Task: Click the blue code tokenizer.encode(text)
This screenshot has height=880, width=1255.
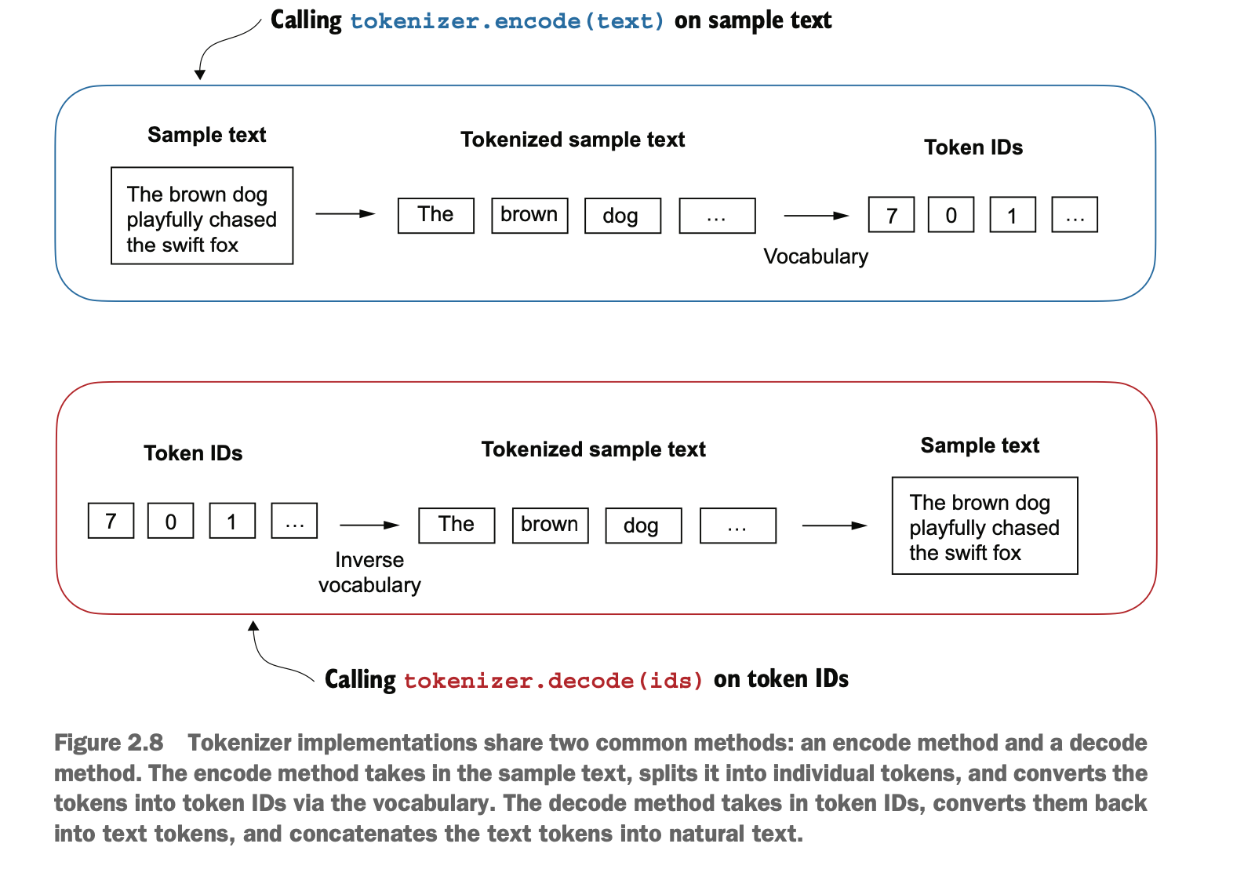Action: (507, 21)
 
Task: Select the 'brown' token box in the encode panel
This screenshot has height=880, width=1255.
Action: (529, 215)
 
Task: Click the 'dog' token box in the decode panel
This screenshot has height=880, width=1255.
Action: (643, 525)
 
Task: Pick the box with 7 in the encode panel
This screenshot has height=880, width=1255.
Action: (891, 215)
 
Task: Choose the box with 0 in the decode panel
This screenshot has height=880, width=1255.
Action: (170, 521)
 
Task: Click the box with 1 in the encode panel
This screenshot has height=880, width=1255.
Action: (1013, 215)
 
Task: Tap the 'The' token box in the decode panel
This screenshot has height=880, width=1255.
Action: (457, 525)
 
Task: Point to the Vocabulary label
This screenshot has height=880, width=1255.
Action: (816, 256)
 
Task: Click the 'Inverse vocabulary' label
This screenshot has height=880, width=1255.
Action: (369, 573)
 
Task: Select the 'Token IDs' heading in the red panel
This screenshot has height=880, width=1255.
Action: (193, 453)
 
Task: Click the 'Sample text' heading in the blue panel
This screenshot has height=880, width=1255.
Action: (207, 135)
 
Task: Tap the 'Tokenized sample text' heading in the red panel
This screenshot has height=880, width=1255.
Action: (593, 449)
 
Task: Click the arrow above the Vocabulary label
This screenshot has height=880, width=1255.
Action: (817, 216)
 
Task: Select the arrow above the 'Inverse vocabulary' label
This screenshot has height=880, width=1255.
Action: (369, 525)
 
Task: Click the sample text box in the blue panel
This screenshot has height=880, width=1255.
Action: (202, 216)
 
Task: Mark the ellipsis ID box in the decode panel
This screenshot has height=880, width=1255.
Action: (294, 521)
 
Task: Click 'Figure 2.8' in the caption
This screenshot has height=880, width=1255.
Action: (109, 743)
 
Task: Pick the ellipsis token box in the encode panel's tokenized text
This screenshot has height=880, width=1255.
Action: (717, 215)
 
